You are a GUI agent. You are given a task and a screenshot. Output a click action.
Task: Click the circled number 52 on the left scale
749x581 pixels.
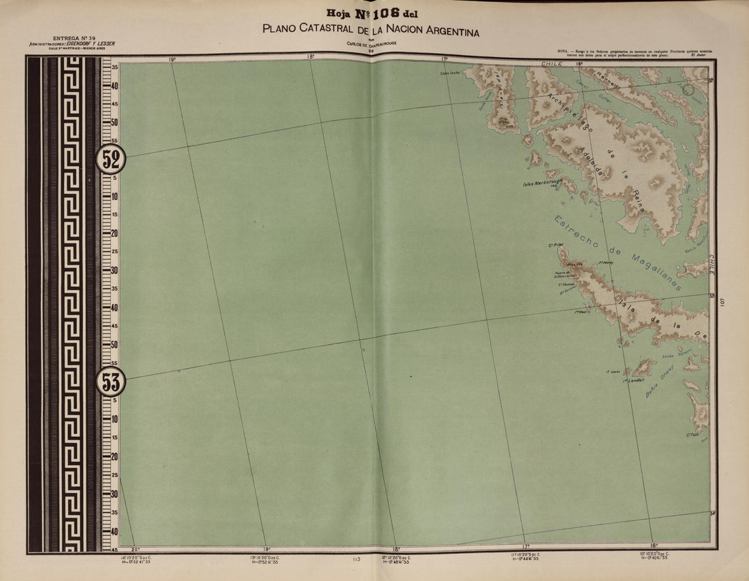pos(111,160)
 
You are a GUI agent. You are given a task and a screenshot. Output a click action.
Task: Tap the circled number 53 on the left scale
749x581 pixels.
pos(111,382)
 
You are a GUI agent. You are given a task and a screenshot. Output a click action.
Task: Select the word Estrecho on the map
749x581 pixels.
pos(576,233)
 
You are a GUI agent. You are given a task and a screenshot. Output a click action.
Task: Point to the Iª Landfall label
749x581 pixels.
pos(633,381)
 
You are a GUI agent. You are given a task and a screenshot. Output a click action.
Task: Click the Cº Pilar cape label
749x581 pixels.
pos(556,245)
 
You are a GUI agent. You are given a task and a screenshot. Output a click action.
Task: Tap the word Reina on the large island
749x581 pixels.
pos(638,202)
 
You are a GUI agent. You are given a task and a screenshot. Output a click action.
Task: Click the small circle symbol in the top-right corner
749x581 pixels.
pos(688,88)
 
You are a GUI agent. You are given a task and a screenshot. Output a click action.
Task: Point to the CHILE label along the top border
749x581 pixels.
pos(552,63)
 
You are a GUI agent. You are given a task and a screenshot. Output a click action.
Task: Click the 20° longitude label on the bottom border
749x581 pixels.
pos(135,548)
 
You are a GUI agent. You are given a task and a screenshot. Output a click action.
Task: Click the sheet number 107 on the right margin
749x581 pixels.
pos(723,302)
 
